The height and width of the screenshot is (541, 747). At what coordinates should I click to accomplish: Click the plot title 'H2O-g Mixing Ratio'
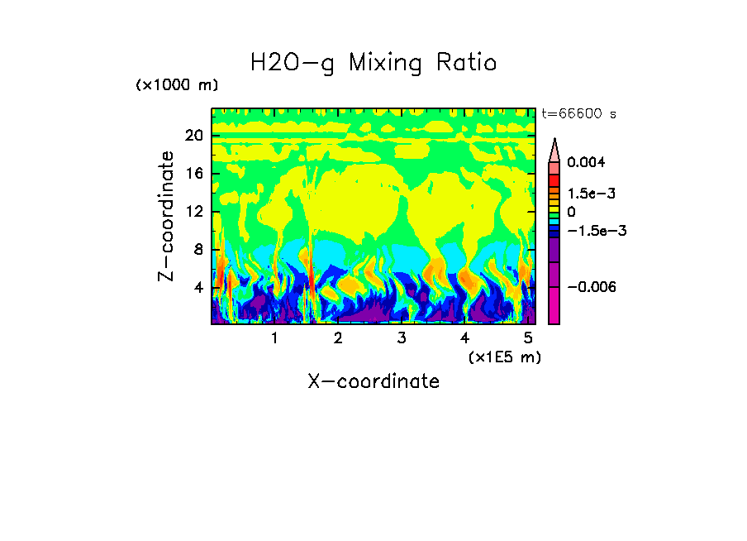[373, 63]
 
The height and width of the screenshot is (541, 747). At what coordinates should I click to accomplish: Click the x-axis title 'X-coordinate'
[373, 381]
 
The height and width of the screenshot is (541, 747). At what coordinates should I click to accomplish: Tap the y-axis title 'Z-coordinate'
[167, 216]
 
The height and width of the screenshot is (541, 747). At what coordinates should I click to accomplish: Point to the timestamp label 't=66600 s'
[578, 114]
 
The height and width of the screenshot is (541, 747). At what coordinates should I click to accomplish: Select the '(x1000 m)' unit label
[177, 85]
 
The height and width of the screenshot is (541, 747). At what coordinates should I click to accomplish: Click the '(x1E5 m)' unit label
[504, 357]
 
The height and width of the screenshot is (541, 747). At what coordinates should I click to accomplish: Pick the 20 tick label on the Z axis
[194, 136]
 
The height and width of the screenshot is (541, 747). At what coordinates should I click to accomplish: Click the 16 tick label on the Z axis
[194, 174]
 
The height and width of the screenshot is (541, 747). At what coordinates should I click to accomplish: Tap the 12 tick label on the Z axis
[194, 212]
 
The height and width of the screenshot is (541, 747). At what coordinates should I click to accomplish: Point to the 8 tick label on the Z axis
[198, 249]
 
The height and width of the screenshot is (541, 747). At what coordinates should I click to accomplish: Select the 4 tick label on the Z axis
[198, 287]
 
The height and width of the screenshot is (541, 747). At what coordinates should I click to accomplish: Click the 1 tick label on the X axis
[274, 338]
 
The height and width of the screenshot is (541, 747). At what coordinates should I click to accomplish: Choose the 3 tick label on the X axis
[402, 338]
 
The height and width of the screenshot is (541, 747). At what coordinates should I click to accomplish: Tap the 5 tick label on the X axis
[529, 338]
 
